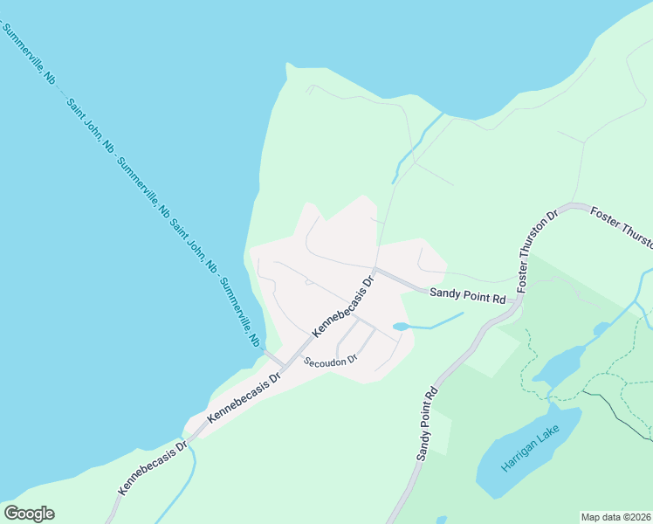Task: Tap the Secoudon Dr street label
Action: (330, 361)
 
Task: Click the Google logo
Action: (29, 514)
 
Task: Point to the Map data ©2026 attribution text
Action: (615, 517)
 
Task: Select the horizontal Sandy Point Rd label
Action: (467, 297)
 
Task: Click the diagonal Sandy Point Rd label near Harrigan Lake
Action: (426, 424)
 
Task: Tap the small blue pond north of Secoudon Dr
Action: (401, 327)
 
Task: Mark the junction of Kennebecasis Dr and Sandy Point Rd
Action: (375, 271)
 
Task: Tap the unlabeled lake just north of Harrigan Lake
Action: (559, 362)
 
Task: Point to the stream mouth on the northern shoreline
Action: (442, 114)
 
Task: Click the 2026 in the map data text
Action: (638, 517)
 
